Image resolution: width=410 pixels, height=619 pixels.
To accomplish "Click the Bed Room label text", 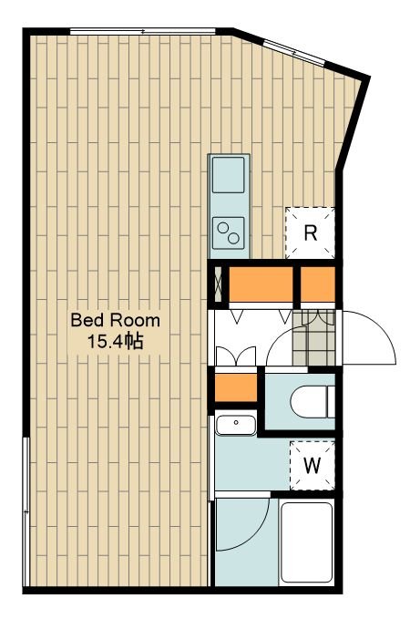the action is point(115,320).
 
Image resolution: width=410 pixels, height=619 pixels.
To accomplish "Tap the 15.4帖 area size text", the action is point(115,342).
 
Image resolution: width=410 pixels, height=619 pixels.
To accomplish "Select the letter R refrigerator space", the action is point(310,232).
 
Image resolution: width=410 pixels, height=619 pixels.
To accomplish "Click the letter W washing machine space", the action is point(313,466).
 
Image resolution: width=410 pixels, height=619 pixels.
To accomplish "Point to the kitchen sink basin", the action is point(228,174).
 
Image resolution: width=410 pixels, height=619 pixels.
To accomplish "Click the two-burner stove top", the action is point(228,232).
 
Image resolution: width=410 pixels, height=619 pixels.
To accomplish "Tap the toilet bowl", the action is point(313,401).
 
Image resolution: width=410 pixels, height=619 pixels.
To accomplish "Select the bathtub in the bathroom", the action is point(306,542).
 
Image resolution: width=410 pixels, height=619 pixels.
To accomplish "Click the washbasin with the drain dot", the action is point(236,425).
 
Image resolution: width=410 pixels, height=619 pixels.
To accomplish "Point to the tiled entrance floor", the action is point(313,337).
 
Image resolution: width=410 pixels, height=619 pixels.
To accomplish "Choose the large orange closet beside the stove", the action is point(261,284).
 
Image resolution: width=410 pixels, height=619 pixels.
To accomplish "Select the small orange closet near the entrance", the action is point(318,284).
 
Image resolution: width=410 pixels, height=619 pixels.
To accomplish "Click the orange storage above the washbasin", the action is point(236,387).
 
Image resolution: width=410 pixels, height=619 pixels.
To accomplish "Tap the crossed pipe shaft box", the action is point(218,284).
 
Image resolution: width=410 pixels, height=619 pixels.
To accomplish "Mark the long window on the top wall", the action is point(143,31).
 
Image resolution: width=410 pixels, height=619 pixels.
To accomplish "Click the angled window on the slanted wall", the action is point(294,52).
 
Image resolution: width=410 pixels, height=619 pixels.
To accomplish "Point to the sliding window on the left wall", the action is point(26,511).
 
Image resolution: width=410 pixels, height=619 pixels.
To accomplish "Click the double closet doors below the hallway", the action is point(236,356).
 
